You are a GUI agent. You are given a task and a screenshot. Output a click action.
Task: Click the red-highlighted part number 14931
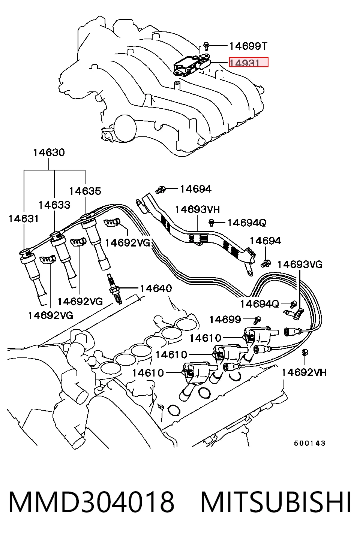248,62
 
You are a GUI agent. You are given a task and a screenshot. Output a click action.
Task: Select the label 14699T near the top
248,46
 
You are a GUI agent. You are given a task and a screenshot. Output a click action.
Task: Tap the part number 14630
49,153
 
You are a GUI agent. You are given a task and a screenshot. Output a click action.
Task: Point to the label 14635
85,191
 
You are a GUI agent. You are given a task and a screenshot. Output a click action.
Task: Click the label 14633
54,205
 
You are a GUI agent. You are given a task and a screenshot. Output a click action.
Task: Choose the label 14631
24,219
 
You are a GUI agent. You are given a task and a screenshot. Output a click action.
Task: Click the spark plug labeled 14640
114,289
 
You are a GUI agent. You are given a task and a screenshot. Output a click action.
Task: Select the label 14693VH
197,209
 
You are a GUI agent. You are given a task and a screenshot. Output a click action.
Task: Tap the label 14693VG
300,265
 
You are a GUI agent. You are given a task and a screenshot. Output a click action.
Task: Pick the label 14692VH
304,372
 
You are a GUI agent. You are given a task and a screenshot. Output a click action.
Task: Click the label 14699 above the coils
225,320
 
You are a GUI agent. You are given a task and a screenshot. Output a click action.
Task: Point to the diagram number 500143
310,443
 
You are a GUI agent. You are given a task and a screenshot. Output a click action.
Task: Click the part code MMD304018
91,502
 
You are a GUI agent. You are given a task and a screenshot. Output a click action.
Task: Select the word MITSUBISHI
275,502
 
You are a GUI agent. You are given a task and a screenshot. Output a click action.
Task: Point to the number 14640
156,288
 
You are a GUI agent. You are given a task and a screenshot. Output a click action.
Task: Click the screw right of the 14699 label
257,320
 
